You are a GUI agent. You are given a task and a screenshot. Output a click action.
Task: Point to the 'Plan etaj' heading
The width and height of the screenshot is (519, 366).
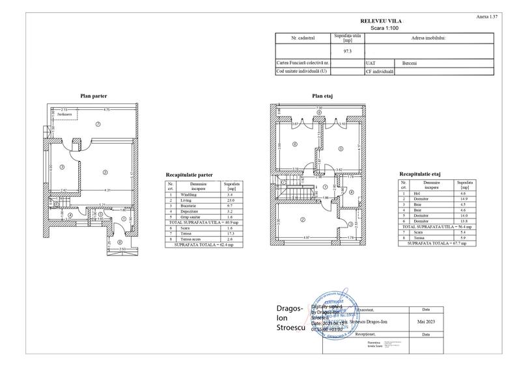coord(322,96)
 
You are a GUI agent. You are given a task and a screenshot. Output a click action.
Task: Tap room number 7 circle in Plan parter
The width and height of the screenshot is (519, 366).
coord(98,124)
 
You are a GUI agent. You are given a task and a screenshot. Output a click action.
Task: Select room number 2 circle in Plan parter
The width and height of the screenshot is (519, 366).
coord(104,172)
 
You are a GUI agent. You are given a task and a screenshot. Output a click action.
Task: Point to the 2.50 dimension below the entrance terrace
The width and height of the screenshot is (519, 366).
coord(122,250)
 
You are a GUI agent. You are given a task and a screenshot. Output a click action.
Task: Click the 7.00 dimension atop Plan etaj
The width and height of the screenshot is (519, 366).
coord(319,108)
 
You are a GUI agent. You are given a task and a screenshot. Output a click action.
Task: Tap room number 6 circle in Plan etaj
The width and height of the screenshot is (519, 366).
coord(295,144)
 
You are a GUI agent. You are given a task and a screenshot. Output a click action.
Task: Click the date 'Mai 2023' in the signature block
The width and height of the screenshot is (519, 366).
coord(426,321)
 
